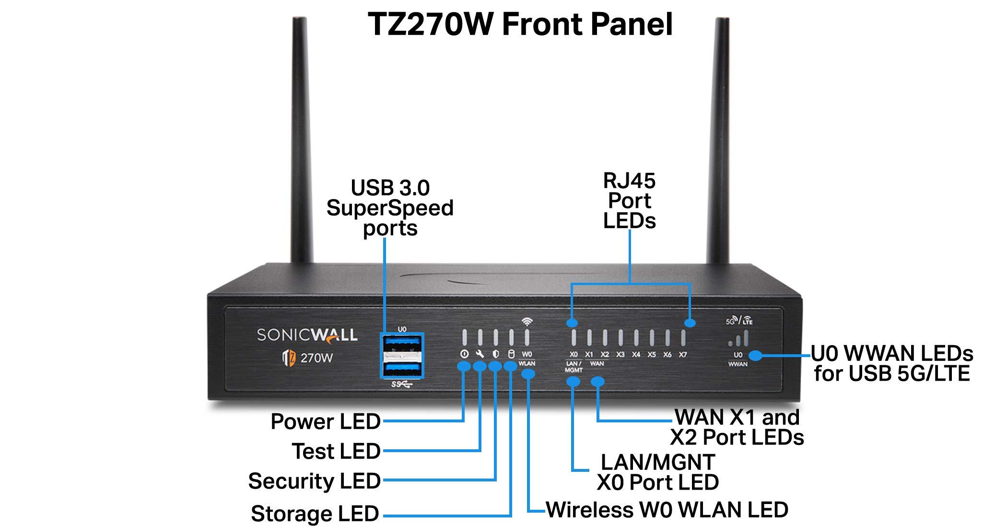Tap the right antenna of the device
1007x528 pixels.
(x=719, y=144)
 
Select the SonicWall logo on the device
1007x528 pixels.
(x=307, y=335)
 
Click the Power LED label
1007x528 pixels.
(x=326, y=421)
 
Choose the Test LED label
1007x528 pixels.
(x=336, y=451)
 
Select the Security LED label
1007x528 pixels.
(x=315, y=481)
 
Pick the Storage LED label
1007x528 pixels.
(x=315, y=514)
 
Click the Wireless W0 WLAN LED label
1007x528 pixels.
(x=667, y=510)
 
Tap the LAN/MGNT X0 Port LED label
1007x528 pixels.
(x=657, y=472)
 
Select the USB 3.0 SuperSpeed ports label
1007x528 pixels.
(x=390, y=207)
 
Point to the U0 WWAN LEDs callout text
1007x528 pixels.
(x=892, y=363)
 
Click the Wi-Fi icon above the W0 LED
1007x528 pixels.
(x=527, y=322)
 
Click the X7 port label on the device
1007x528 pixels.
(x=683, y=355)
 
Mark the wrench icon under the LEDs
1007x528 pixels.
(x=480, y=354)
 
